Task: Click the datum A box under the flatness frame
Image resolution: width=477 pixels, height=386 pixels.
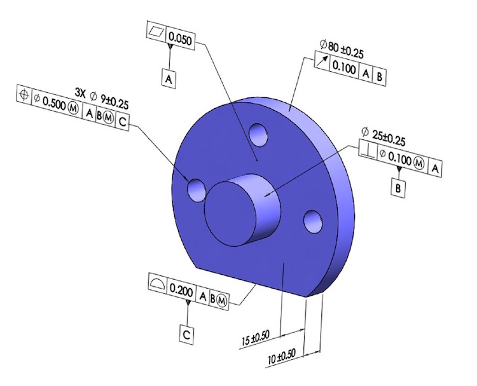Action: click(169, 79)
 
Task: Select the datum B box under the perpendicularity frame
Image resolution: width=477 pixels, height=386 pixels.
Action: click(398, 188)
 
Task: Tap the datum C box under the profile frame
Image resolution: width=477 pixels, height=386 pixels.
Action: click(186, 335)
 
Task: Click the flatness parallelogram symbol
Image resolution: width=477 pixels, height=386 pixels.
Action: click(156, 31)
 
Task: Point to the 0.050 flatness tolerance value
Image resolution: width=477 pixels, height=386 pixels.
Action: click(180, 39)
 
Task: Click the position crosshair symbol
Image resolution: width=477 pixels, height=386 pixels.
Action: click(24, 94)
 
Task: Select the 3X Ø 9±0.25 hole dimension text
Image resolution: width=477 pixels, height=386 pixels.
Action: click(102, 98)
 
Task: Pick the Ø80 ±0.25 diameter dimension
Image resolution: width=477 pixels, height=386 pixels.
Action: click(342, 50)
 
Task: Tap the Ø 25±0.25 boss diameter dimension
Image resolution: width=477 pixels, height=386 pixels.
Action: click(384, 137)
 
